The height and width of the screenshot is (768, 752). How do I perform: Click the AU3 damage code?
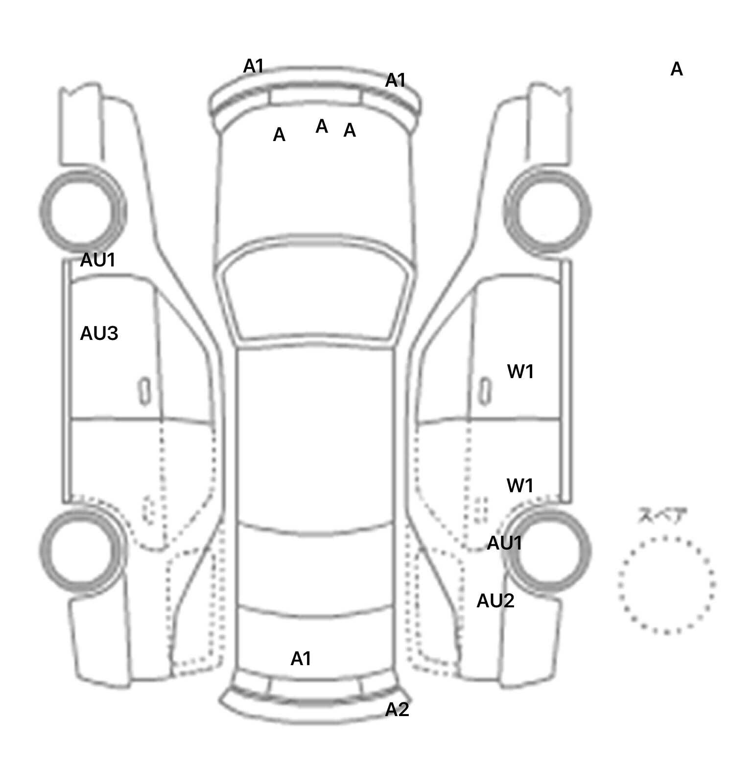point(99,334)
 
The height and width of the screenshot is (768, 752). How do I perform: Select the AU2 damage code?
point(495,600)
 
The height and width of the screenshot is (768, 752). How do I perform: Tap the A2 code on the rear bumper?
point(397,709)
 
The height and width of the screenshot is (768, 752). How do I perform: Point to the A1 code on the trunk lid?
point(301,659)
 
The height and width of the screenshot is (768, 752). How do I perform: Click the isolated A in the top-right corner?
point(676,70)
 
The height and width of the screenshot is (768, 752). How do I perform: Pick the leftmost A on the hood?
point(279,135)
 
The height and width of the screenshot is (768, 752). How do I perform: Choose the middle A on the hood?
point(321,126)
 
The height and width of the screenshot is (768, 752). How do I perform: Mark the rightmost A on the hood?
point(349,130)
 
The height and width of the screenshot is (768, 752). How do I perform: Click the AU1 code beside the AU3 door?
point(98,260)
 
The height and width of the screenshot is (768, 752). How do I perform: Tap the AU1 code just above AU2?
point(504,543)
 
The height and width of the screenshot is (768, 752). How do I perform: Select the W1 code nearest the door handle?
point(520,372)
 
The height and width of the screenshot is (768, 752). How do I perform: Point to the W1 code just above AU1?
point(519,486)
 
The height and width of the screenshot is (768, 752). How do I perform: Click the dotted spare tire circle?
point(666,585)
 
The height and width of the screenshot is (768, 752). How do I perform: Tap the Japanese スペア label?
point(662,516)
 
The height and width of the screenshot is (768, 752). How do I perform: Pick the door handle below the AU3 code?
point(144,391)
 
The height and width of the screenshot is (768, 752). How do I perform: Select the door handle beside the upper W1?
point(485,391)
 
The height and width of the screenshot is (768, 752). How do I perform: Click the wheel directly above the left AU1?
point(82,211)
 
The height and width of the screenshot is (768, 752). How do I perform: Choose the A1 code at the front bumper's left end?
point(253,66)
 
